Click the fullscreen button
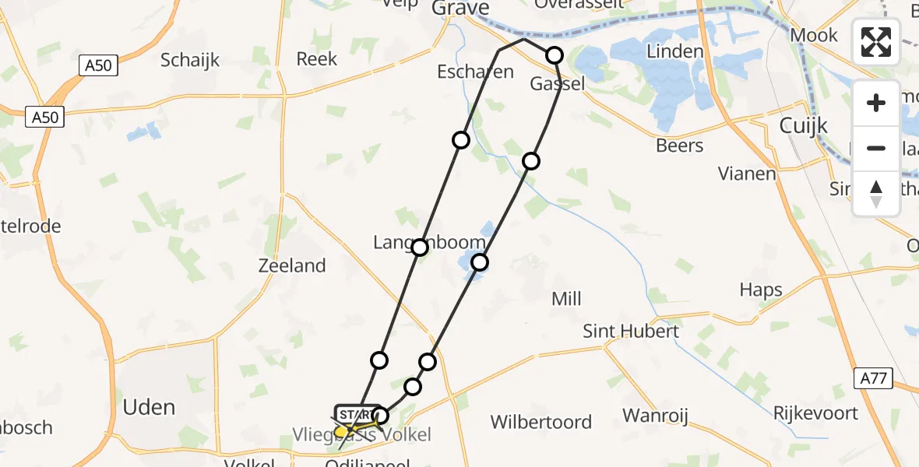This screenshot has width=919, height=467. (x=876, y=41)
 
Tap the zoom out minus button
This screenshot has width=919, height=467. (x=876, y=148)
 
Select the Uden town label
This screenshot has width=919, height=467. (x=149, y=407)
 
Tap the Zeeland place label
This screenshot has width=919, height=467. (x=291, y=265)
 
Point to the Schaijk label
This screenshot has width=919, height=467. (x=190, y=60)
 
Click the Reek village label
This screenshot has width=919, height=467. (x=317, y=59)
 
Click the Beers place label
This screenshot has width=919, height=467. (x=679, y=146)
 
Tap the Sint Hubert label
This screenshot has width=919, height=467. (x=631, y=332)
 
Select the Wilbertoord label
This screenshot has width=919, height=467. (x=540, y=423)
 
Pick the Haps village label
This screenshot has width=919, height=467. (x=761, y=290)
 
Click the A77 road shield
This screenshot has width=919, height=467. (x=873, y=379)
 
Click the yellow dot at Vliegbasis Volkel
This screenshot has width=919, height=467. (x=341, y=431)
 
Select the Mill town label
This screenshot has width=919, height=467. (x=566, y=299)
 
